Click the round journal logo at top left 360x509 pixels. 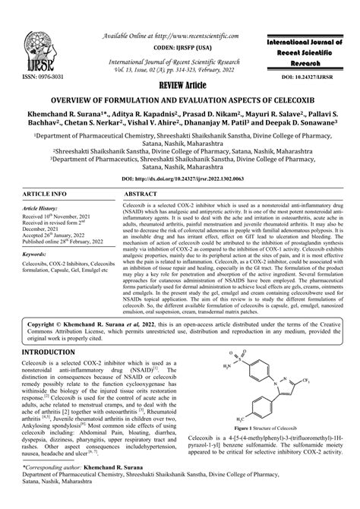30,42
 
